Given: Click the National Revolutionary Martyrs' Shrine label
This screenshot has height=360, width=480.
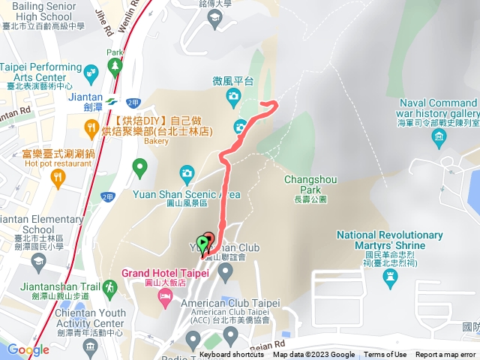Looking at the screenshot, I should pyautogui.click(x=380, y=240).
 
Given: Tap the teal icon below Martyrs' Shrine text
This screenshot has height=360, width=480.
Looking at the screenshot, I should pyautogui.click(x=389, y=278).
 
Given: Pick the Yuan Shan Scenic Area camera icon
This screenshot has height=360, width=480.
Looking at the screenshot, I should pyautogui.click(x=186, y=175).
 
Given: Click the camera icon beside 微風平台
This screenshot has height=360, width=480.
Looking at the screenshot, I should pyautogui.click(x=233, y=95).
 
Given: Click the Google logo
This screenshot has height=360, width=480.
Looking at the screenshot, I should pyautogui.click(x=28, y=349).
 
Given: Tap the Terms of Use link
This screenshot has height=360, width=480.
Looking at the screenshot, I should pyautogui.click(x=385, y=355).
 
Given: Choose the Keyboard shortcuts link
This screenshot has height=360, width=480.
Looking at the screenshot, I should pyautogui.click(x=232, y=355).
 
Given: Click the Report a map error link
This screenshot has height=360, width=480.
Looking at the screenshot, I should pyautogui.click(x=447, y=355).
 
